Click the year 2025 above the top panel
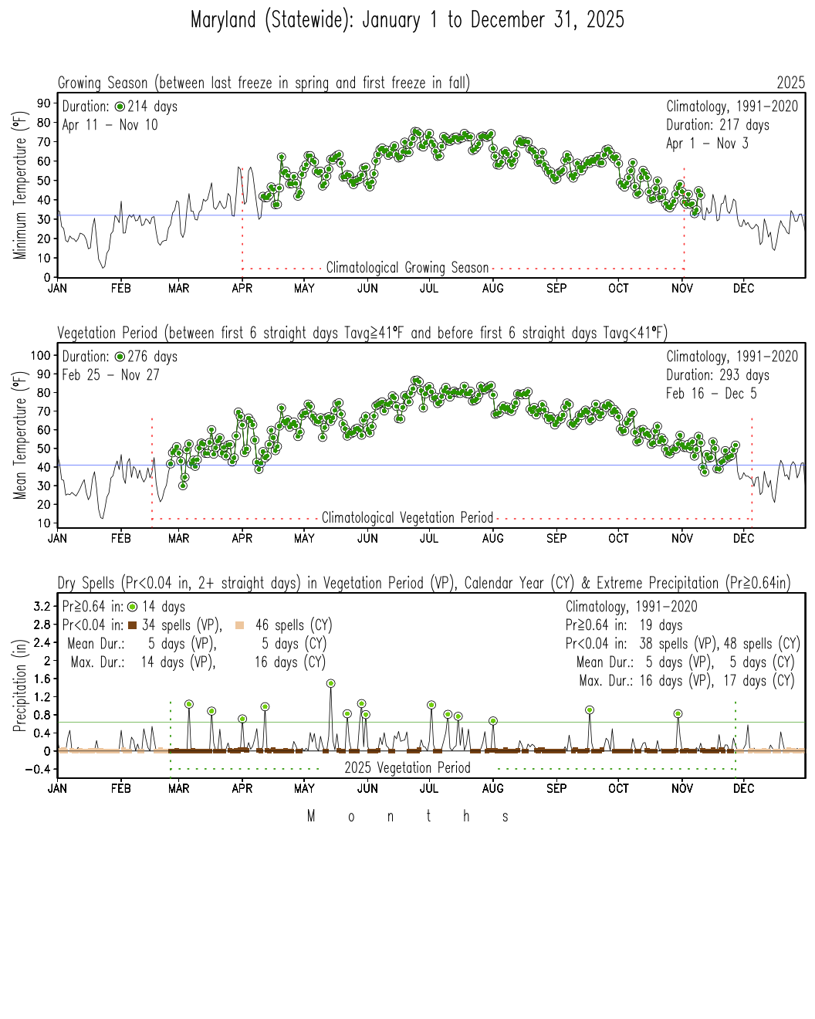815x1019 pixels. pyautogui.click(x=790, y=83)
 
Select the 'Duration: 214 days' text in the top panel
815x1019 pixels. pyautogui.click(x=120, y=107)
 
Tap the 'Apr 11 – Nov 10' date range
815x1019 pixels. pyautogui.click(x=110, y=125)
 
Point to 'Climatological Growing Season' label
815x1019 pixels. pyautogui.click(x=407, y=268)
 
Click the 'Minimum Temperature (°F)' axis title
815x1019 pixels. pyautogui.click(x=19, y=185)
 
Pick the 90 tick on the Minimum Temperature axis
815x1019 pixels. pyautogui.click(x=43, y=103)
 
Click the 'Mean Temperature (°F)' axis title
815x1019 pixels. pyautogui.click(x=19, y=435)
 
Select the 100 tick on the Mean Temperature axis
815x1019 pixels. pyautogui.click(x=40, y=355)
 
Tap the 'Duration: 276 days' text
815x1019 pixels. pyautogui.click(x=120, y=357)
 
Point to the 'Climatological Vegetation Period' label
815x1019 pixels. pyautogui.click(x=407, y=518)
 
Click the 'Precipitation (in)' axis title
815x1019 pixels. pyautogui.click(x=19, y=685)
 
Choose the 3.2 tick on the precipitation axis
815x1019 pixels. pyautogui.click(x=42, y=606)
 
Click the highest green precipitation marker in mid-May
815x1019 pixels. pyautogui.click(x=330, y=683)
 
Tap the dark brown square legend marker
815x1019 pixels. pyautogui.click(x=132, y=625)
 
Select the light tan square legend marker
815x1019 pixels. pyautogui.click(x=240, y=625)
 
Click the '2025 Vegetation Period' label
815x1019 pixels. pyautogui.click(x=407, y=768)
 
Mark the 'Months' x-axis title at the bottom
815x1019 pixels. pyautogui.click(x=407, y=817)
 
